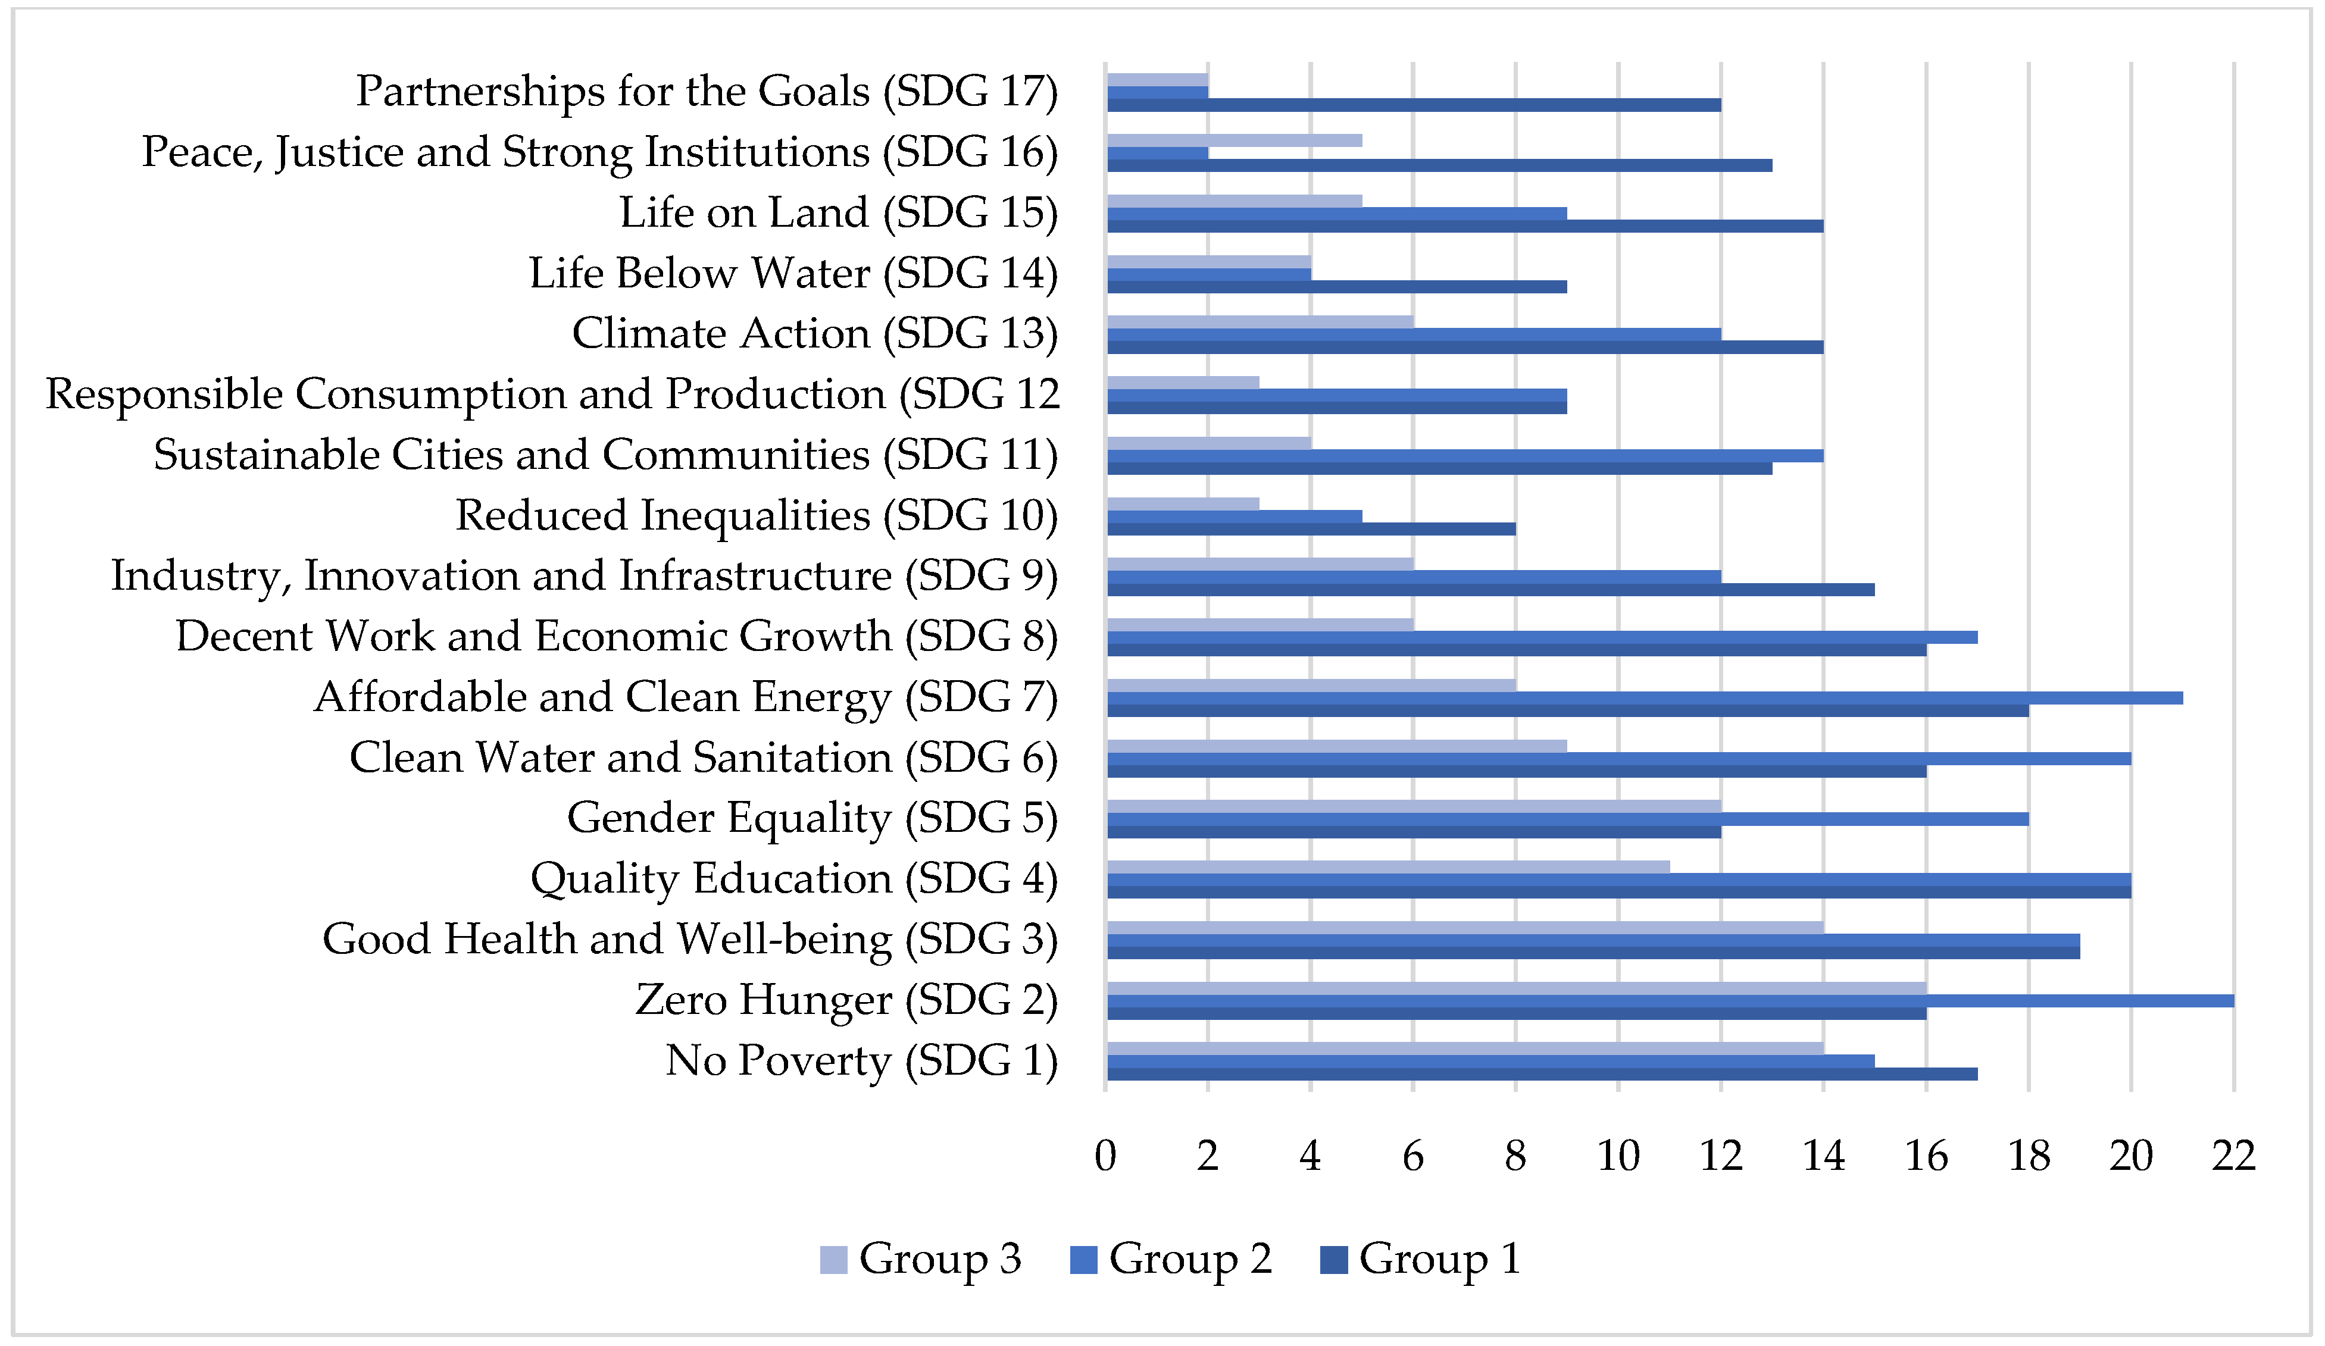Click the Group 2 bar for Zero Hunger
click(x=1670, y=1001)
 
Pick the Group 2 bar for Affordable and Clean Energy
click(x=1644, y=697)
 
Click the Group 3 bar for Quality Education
click(x=1387, y=866)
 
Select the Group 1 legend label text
click(x=1439, y=1259)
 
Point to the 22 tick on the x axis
click(x=2233, y=1156)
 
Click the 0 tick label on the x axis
click(x=1105, y=1156)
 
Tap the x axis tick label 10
click(x=1618, y=1156)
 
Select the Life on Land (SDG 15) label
click(x=837, y=213)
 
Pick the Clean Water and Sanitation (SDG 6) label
click(x=703, y=758)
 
